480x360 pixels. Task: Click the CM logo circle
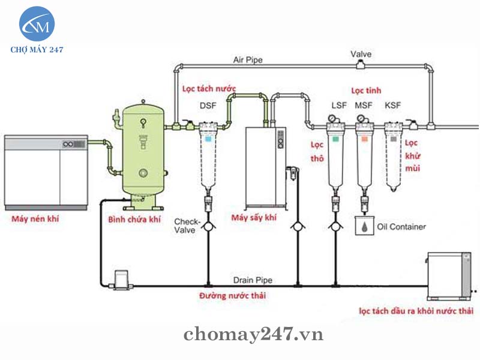tap(37, 25)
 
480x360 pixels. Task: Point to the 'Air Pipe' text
tap(248, 60)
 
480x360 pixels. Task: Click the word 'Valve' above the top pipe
tap(361, 54)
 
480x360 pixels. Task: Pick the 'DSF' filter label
tap(207, 106)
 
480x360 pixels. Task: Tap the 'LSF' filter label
tap(340, 106)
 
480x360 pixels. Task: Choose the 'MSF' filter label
tap(364, 106)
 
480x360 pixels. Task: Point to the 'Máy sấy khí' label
tap(254, 217)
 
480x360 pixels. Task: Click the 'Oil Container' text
tap(401, 227)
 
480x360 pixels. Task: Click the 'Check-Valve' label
tap(185, 226)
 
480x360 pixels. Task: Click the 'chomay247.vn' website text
tap(254, 334)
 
